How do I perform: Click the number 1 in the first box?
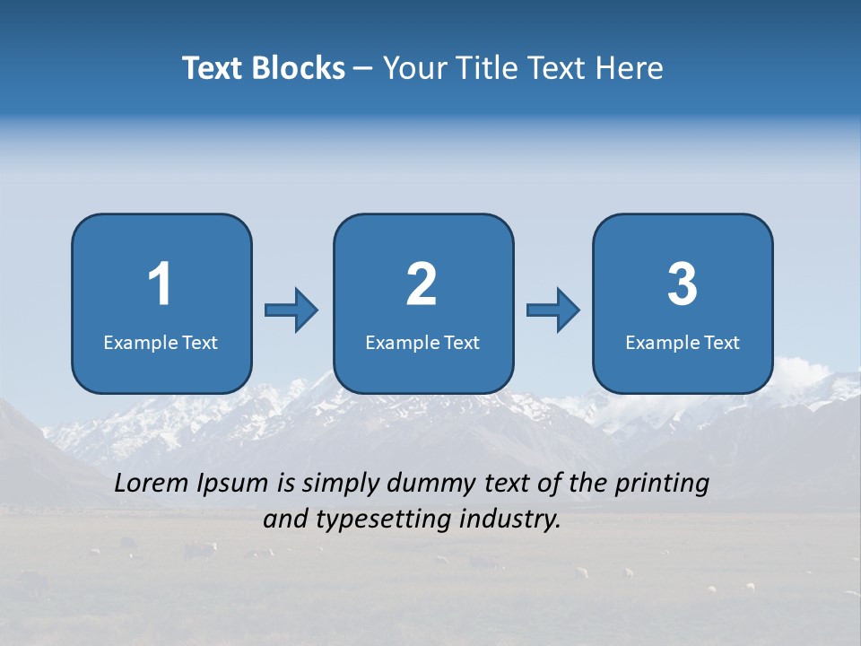pos(160,284)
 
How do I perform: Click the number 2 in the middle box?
pos(422,284)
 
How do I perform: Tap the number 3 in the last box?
pos(683,284)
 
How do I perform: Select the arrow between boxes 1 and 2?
pos(291,310)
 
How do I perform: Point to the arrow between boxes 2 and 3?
pos(552,310)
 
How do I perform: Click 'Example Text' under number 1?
pos(161,342)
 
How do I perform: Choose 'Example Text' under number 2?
pos(422,342)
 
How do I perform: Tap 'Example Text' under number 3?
pos(683,342)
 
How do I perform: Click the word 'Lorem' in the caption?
pos(152,484)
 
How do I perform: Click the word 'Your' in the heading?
pos(412,67)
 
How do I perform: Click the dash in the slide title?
pos(363,68)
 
